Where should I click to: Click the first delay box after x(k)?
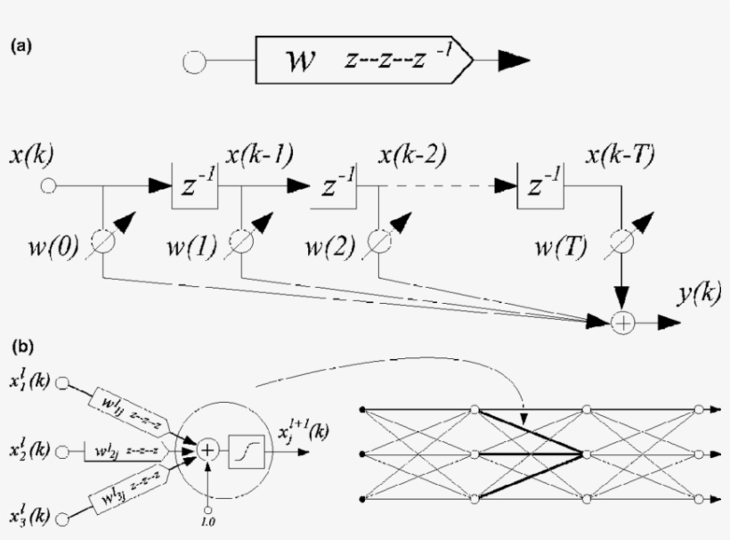tap(195, 186)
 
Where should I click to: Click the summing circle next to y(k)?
tap(623, 324)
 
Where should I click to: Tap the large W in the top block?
tap(296, 63)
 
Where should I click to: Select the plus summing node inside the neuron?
tap(207, 451)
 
